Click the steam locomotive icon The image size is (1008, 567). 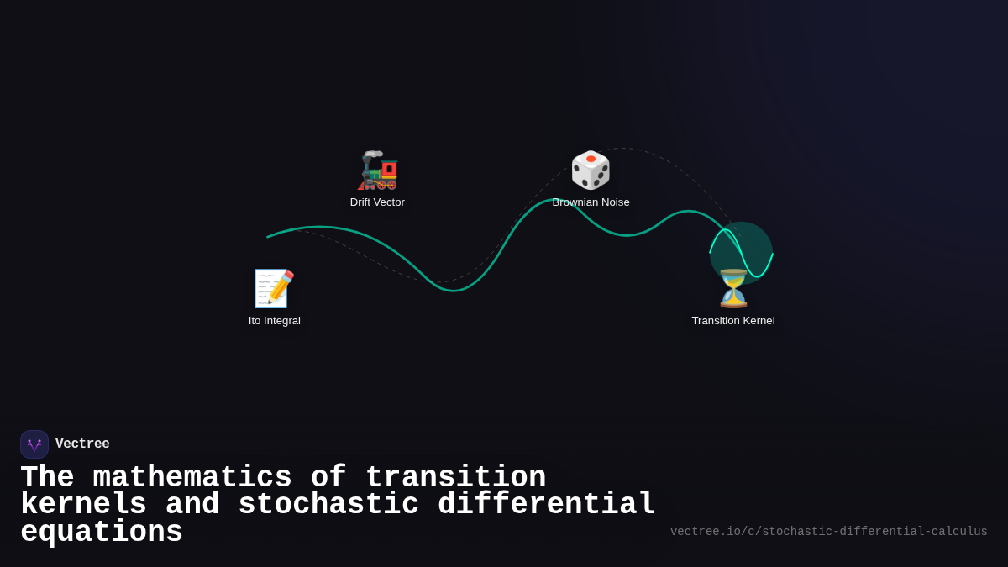(378, 171)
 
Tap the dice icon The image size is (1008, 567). (591, 171)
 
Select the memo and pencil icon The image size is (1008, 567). (274, 289)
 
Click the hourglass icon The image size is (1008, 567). (733, 289)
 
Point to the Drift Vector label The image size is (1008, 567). (377, 202)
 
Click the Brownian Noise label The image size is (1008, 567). (591, 202)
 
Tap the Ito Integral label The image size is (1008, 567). (274, 321)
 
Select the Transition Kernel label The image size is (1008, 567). (733, 321)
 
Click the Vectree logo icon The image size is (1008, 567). (34, 444)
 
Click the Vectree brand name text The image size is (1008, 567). (82, 444)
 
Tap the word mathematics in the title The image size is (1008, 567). (192, 478)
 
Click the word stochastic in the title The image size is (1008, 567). (328, 505)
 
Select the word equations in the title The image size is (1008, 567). (102, 533)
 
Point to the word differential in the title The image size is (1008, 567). (546, 505)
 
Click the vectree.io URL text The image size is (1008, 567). (828, 532)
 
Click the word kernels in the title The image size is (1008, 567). (83, 505)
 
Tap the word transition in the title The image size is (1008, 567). (455, 478)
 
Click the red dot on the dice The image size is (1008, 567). (591, 159)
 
